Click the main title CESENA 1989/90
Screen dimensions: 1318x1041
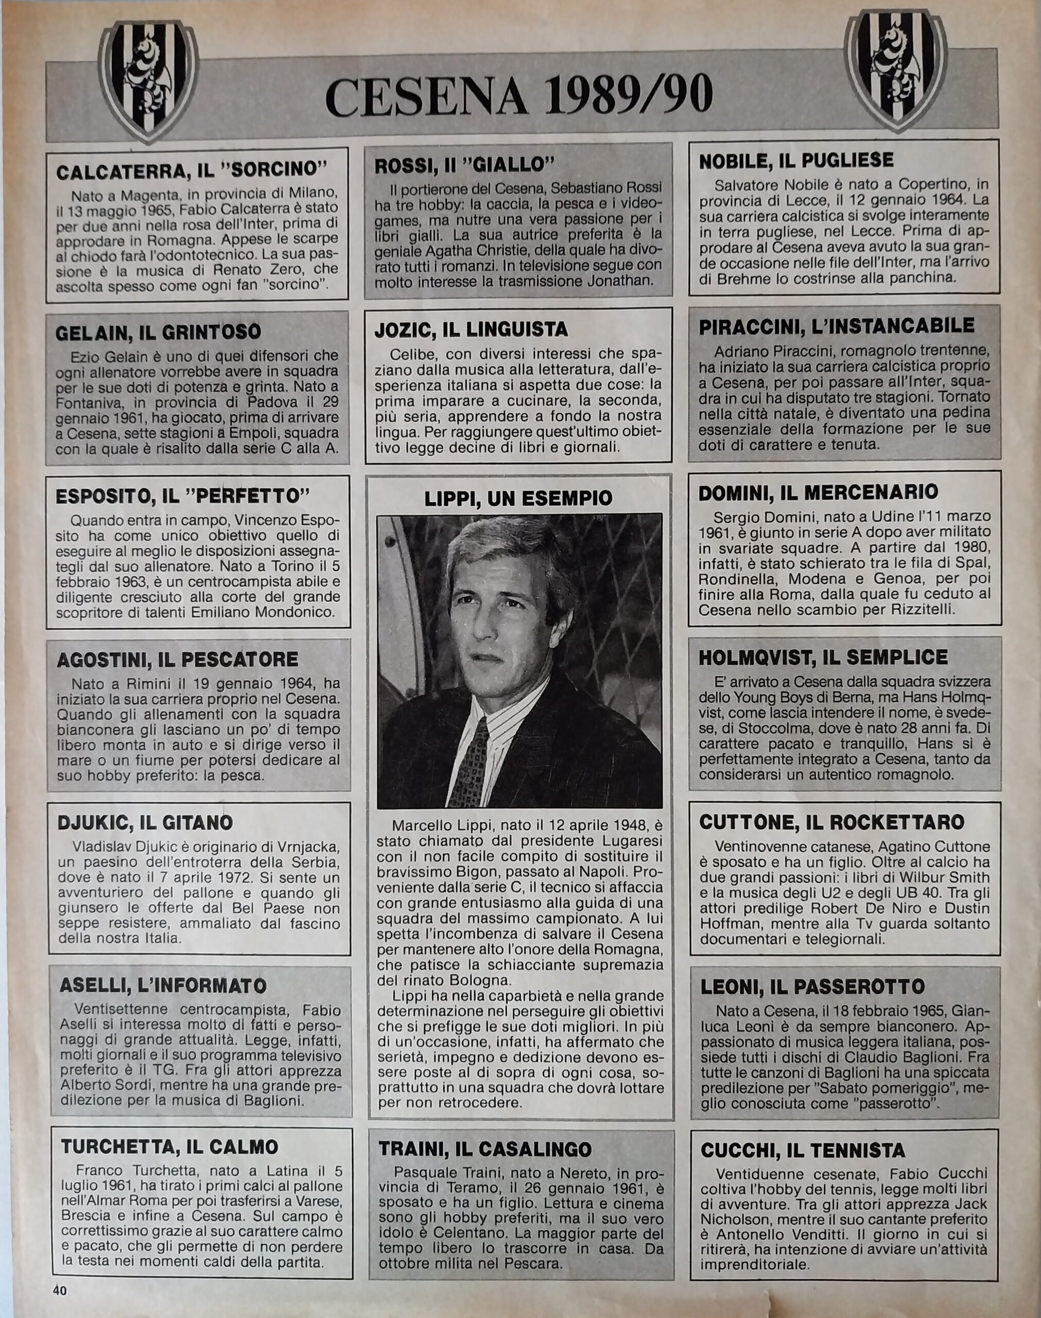(519, 97)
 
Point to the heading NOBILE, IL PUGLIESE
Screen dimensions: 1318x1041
(796, 161)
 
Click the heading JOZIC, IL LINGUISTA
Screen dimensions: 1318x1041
(472, 330)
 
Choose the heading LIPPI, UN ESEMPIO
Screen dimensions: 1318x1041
(518, 498)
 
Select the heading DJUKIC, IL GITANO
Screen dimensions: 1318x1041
(145, 823)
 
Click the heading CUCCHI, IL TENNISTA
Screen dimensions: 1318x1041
(802, 1151)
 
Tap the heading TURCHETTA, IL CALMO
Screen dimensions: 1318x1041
(169, 1147)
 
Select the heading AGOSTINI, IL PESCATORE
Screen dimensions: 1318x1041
(177, 660)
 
